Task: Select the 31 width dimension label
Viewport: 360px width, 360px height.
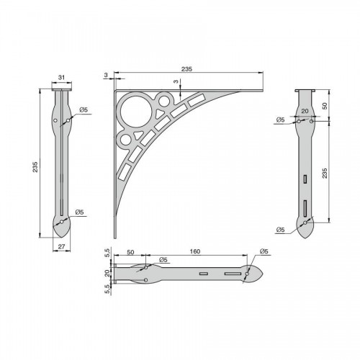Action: point(62,77)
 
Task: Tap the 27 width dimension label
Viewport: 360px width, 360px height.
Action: point(62,246)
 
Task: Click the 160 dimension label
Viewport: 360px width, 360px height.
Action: point(195,251)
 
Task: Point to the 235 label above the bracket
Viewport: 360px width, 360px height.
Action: point(186,69)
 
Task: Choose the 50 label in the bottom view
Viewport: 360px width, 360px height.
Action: point(130,252)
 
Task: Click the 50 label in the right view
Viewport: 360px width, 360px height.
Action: point(325,106)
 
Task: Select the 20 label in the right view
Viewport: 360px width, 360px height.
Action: point(305,111)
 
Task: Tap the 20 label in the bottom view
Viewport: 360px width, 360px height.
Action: point(107,273)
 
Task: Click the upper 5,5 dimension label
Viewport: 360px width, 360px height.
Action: point(107,253)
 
